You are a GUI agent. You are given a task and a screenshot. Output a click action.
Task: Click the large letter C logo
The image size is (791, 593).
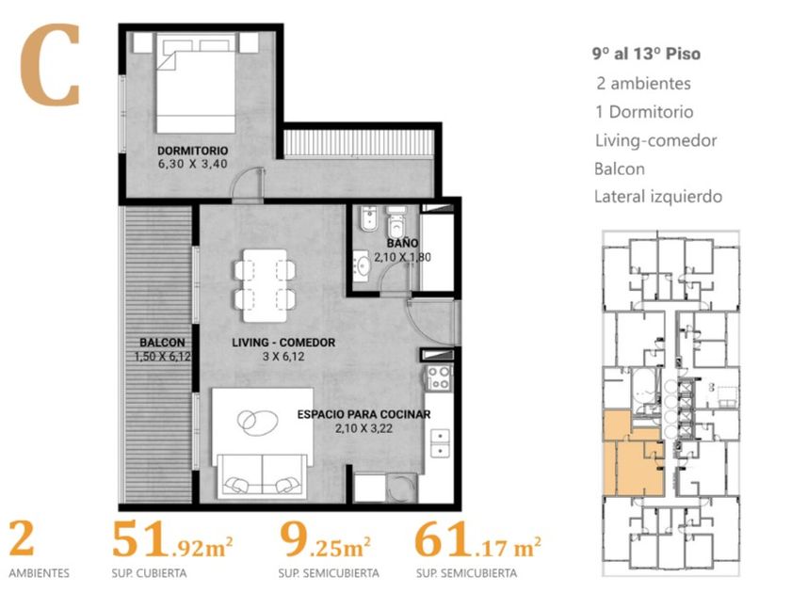[51, 65]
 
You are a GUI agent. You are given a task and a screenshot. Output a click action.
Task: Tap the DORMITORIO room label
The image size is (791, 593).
[193, 151]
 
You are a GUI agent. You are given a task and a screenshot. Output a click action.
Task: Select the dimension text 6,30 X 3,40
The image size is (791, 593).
[193, 164]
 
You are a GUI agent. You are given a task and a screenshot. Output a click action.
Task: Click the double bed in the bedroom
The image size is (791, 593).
[196, 83]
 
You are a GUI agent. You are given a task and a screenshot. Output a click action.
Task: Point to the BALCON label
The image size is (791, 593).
[162, 343]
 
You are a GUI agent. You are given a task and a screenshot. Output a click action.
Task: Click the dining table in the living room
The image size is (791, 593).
[265, 285]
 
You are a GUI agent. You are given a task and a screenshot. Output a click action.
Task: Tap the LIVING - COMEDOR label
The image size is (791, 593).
[283, 343]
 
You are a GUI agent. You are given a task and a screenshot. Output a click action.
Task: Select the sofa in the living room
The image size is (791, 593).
[262, 474]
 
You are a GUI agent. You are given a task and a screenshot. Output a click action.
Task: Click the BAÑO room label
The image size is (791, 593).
[403, 243]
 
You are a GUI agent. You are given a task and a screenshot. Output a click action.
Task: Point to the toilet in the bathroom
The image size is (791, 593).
[396, 222]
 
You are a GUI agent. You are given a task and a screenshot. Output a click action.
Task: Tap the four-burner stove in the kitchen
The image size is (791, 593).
[439, 378]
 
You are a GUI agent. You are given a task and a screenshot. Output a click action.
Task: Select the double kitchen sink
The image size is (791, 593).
[440, 442]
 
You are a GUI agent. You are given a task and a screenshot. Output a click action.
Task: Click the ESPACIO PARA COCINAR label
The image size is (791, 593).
[363, 414]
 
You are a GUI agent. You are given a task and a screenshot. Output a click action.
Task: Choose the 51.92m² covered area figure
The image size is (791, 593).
[172, 540]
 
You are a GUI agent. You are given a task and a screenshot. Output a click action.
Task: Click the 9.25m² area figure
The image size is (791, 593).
[326, 540]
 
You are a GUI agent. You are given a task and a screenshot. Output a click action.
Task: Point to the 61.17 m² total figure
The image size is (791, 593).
[477, 540]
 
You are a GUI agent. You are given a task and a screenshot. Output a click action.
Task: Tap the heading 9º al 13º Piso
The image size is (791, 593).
[646, 54]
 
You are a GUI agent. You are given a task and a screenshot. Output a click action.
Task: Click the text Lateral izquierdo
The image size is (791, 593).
[658, 196]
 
